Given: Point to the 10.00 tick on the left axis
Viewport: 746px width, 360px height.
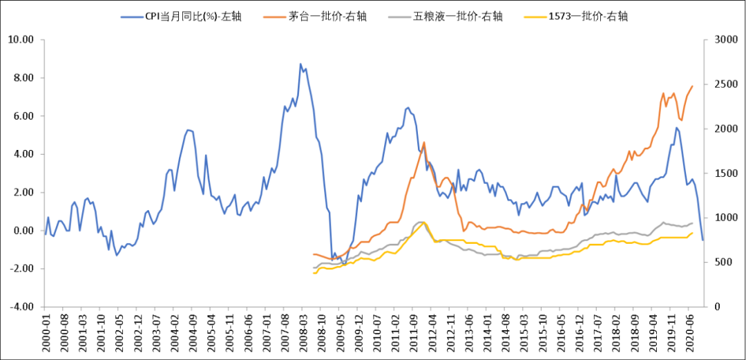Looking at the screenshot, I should click(20, 40).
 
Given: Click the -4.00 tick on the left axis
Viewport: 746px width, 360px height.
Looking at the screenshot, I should click(20, 307).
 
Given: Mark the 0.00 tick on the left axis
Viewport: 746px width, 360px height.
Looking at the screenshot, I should click(21, 231).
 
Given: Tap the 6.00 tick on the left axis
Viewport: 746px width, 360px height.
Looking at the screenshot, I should click(21, 116).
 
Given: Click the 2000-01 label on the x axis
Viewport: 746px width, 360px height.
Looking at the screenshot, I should click(46, 332).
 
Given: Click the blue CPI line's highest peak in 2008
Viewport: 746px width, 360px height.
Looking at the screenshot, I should click(300, 64).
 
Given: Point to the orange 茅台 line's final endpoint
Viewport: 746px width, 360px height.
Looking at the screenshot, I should click(692, 86).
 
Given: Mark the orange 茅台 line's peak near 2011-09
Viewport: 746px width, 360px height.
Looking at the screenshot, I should click(423, 142).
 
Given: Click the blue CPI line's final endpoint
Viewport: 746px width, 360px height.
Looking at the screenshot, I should click(702, 240).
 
